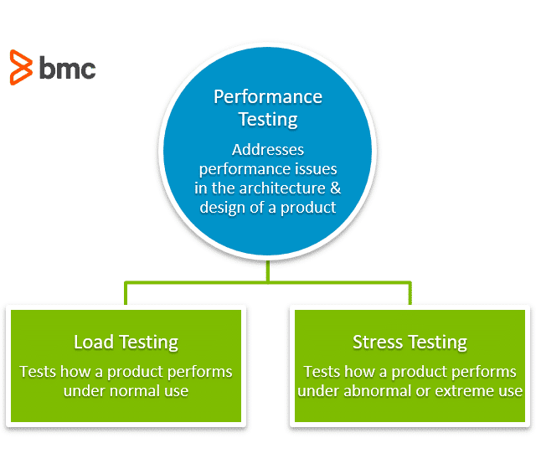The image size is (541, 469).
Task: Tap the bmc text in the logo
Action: (x=67, y=67)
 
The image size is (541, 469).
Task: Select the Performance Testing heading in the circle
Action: (x=268, y=107)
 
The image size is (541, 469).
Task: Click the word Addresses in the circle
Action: (x=268, y=151)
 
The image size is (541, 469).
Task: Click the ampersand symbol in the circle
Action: (x=333, y=188)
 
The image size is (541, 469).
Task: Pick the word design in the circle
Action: (x=222, y=207)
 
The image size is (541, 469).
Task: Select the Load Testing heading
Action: (x=126, y=342)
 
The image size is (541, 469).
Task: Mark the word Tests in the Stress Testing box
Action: (x=323, y=371)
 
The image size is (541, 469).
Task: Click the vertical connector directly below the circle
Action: (x=268, y=270)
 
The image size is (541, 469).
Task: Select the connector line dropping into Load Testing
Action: (x=126, y=293)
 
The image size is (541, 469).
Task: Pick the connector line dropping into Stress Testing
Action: (x=410, y=293)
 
